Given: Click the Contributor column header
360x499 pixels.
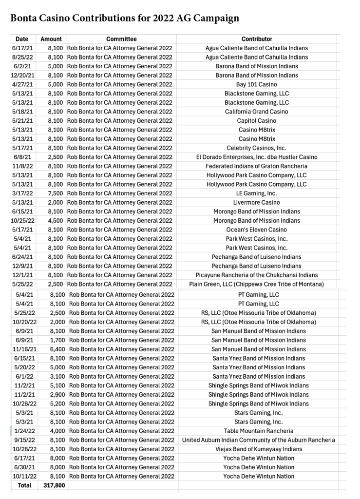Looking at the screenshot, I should (x=257, y=39).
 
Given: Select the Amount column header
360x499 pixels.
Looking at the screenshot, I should (x=51, y=39).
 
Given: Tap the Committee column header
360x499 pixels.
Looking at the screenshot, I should (x=121, y=39).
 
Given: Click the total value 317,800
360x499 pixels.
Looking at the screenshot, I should (x=53, y=485).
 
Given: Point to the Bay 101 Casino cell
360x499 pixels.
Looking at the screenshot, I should (x=257, y=84).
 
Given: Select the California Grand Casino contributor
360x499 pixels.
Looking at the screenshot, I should (x=257, y=112).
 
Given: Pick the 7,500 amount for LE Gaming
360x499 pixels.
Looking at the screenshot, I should (x=55, y=193).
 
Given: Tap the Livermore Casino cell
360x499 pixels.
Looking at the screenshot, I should (x=257, y=202).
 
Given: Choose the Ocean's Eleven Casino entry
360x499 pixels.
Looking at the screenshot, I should (x=257, y=230).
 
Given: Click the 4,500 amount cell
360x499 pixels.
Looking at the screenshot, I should (x=55, y=221).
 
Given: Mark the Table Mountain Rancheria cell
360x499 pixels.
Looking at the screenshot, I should (x=259, y=431).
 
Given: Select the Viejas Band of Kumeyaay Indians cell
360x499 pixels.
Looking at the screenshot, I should (x=259, y=449).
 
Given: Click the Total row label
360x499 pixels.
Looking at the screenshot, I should (x=23, y=485).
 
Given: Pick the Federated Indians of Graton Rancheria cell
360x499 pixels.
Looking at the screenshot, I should (x=257, y=166).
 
